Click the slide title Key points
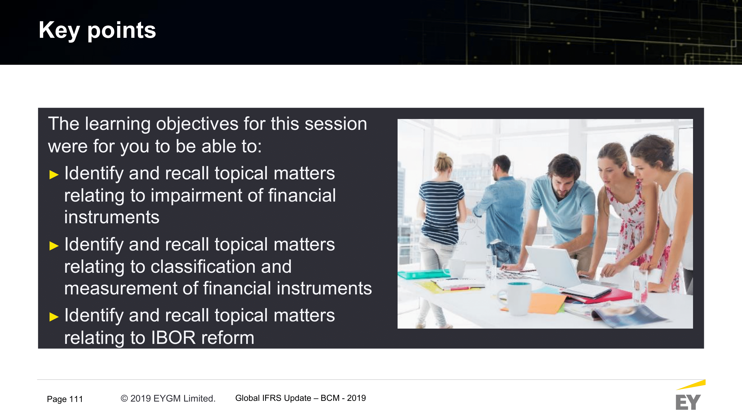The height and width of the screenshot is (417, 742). tap(97, 31)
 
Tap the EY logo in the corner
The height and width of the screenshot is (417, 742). tap(690, 395)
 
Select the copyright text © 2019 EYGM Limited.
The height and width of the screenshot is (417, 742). tap(168, 399)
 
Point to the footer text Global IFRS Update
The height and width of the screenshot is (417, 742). tap(273, 398)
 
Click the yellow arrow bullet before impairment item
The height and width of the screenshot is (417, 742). tap(54, 174)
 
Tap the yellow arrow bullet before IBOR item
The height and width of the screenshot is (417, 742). tap(54, 317)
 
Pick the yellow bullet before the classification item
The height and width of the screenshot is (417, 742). tap(54, 246)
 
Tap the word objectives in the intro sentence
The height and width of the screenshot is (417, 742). tap(197, 125)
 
